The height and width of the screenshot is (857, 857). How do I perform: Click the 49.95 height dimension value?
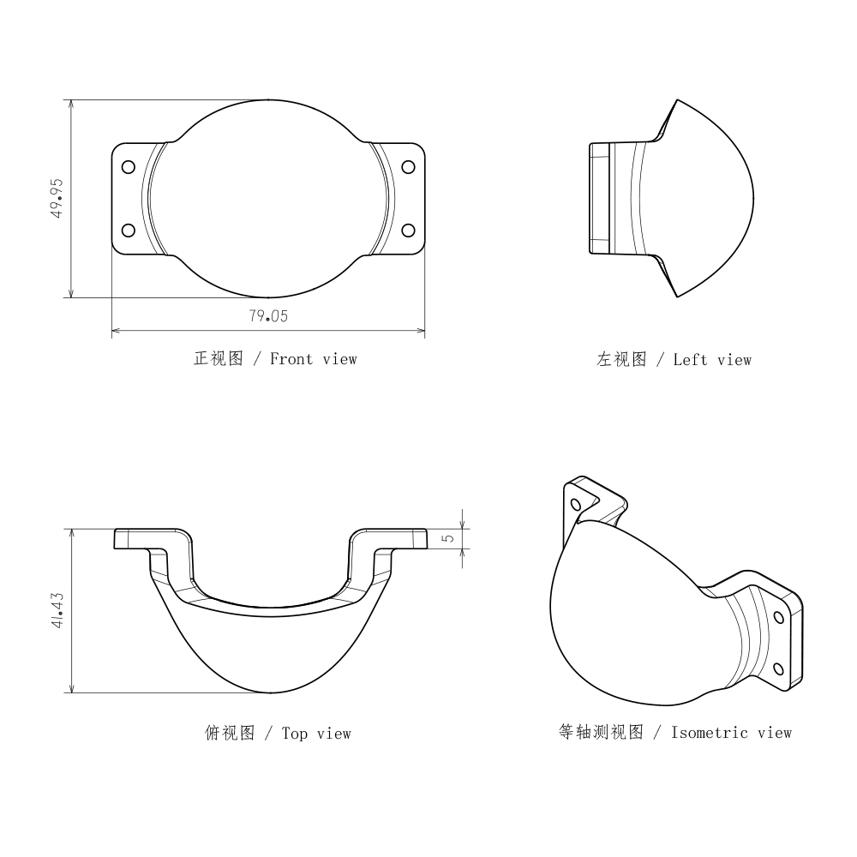[x=57, y=199]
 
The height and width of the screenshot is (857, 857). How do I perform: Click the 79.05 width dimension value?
[x=268, y=316]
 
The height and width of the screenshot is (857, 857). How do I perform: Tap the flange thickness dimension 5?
[x=448, y=538]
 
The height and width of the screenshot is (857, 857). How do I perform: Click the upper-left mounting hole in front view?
[x=129, y=167]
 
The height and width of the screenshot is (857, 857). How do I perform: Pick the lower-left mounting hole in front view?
[x=129, y=230]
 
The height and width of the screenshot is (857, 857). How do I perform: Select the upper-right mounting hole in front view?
[x=408, y=167]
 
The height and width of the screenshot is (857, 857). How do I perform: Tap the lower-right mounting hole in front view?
[x=408, y=230]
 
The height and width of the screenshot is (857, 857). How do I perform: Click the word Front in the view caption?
[x=291, y=359]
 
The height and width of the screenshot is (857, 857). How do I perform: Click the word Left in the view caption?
[x=690, y=360]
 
